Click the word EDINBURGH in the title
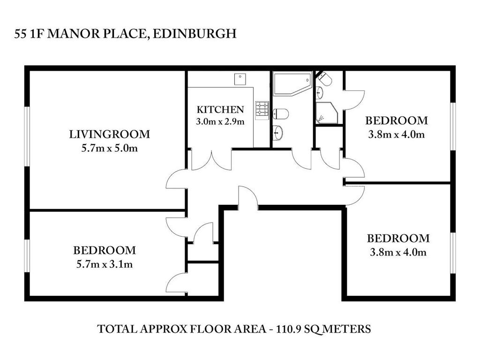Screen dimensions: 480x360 [195, 33]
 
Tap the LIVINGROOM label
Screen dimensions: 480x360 [109, 135]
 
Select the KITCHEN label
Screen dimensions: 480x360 [220, 110]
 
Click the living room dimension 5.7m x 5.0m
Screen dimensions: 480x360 [109, 149]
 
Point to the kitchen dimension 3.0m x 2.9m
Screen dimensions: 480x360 [220, 122]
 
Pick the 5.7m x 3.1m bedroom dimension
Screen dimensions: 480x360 [105, 264]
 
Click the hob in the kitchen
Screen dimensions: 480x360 [262, 111]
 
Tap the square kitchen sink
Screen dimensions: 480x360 [240, 79]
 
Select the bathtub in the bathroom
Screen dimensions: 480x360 [292, 84]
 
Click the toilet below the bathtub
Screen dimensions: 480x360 [280, 114]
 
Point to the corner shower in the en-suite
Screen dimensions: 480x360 [327, 113]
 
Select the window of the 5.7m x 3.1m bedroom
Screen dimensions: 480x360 [27, 256]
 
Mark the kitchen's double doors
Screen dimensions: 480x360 [211, 159]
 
